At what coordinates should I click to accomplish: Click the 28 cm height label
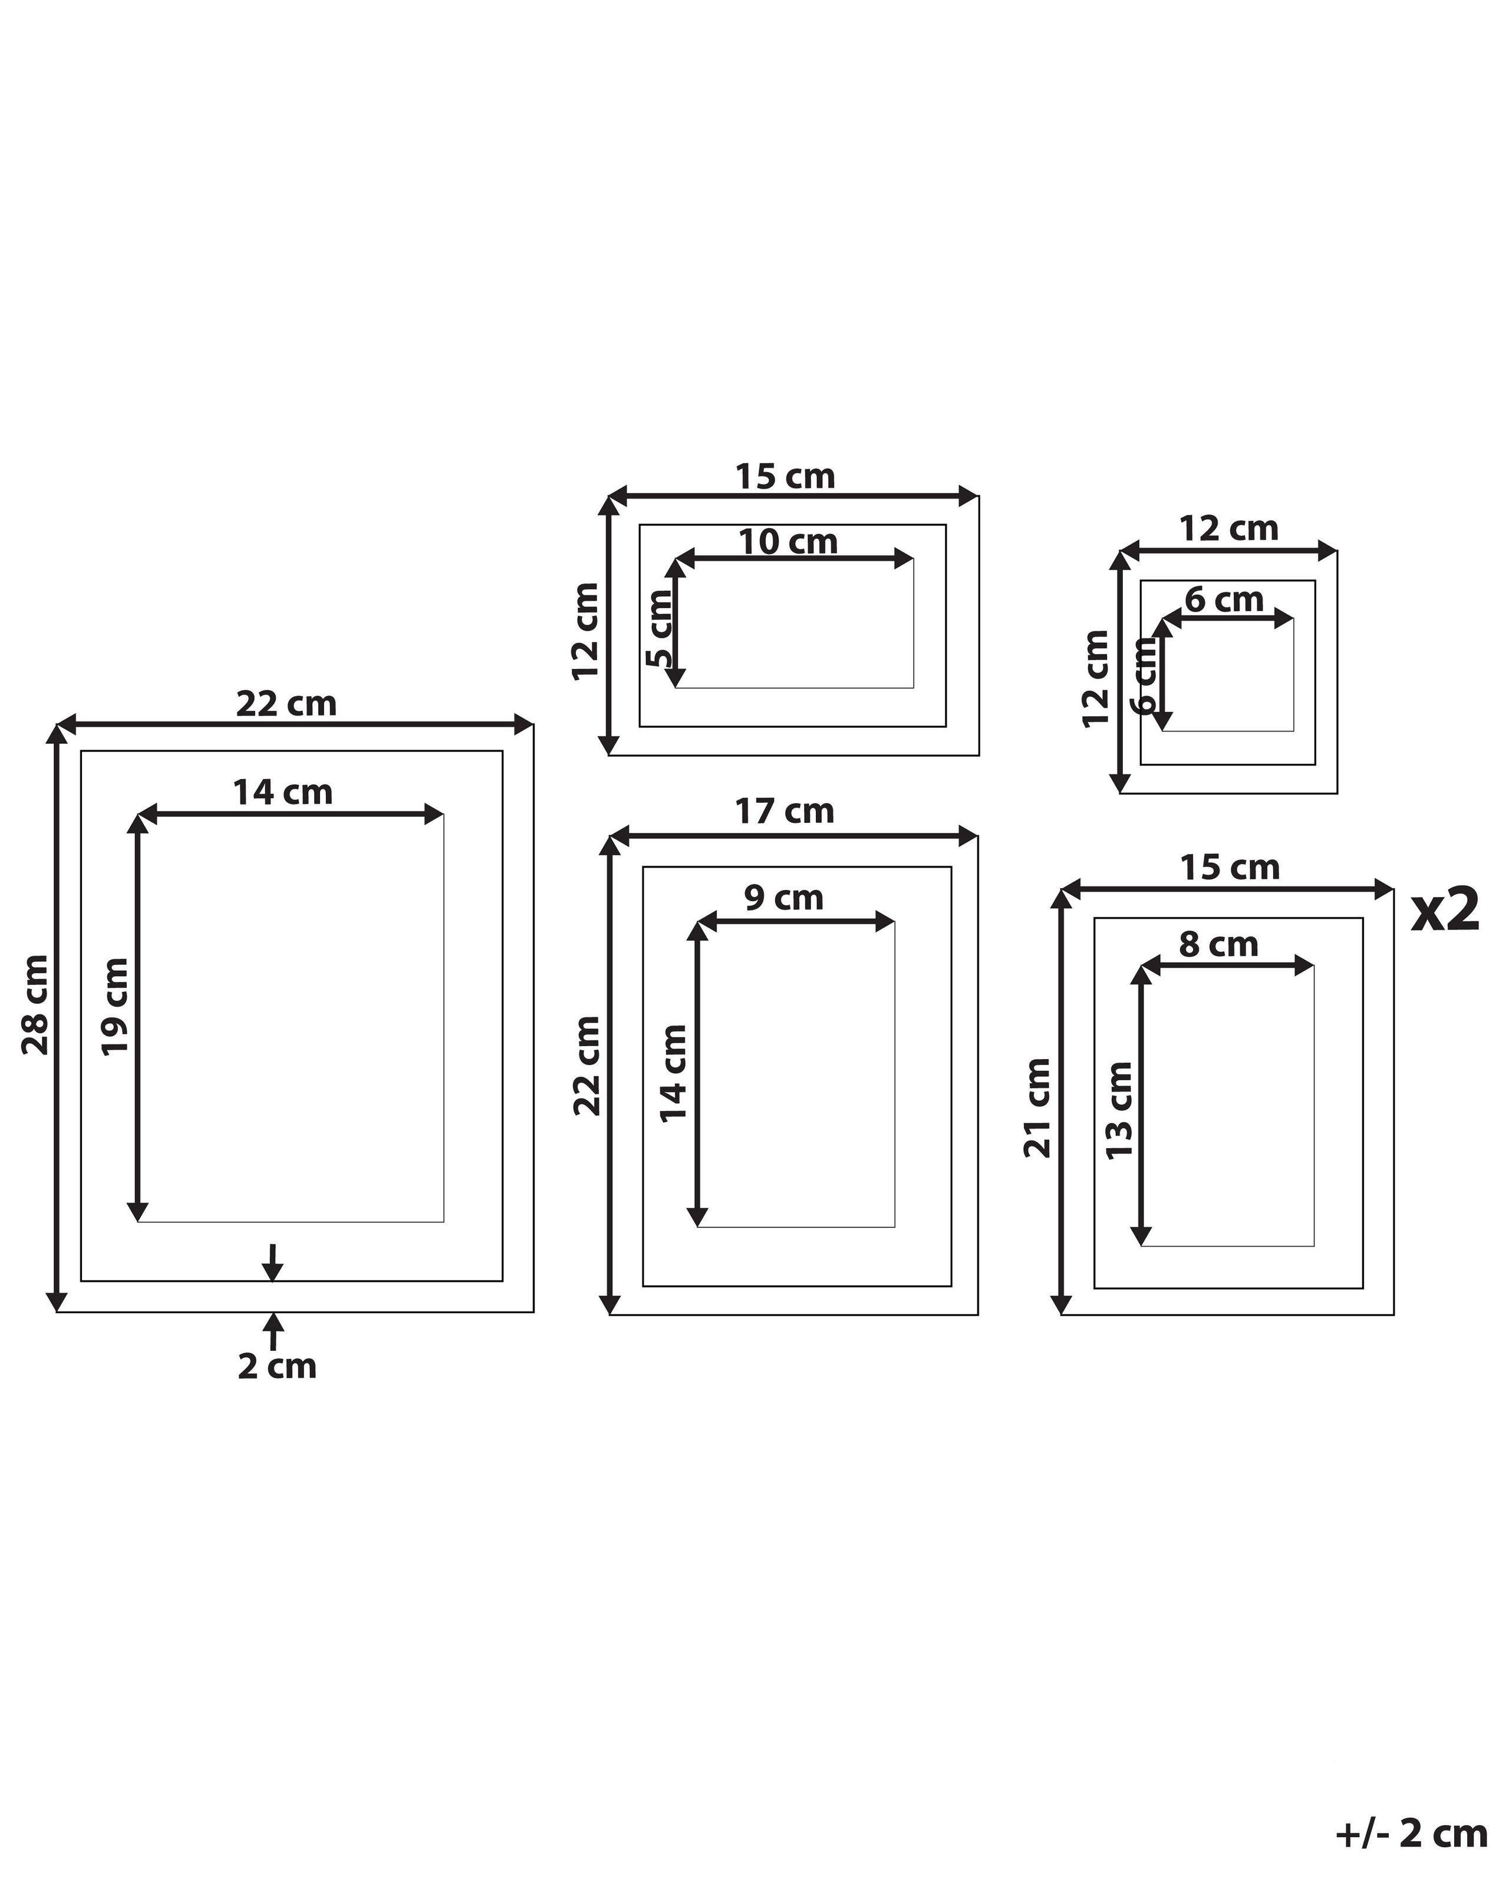click(x=36, y=1004)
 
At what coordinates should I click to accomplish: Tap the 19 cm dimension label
click(x=116, y=1007)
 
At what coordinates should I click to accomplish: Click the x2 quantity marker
click(x=1444, y=911)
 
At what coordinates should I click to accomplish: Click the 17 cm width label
click(x=784, y=812)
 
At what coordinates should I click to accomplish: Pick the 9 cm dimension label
click(x=784, y=898)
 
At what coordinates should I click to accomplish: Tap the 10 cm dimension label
click(x=788, y=542)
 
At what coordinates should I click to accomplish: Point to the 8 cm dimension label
click(x=1218, y=945)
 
